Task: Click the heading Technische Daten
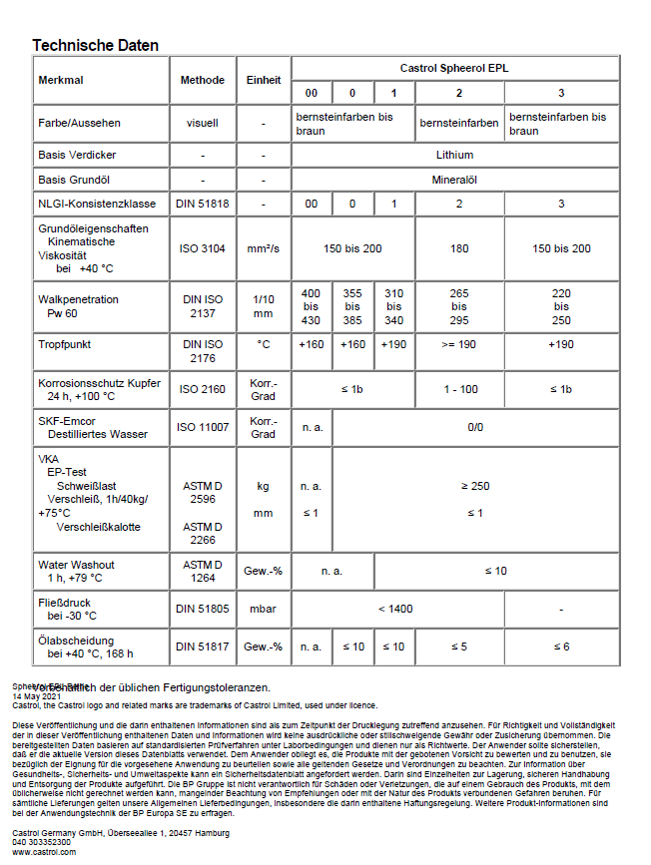(95, 46)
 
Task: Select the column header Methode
(202, 80)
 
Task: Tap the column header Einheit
(263, 80)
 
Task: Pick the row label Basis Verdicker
(77, 156)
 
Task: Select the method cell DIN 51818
(202, 205)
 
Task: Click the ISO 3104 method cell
(202, 248)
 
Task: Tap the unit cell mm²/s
(263, 248)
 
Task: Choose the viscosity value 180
(458, 248)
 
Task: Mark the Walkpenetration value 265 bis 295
(458, 306)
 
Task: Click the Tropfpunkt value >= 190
(458, 344)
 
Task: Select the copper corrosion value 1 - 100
(458, 389)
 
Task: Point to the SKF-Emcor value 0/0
(475, 427)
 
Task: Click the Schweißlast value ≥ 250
(475, 486)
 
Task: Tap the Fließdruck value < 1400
(395, 608)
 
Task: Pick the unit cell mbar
(263, 608)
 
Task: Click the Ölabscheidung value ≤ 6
(561, 647)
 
